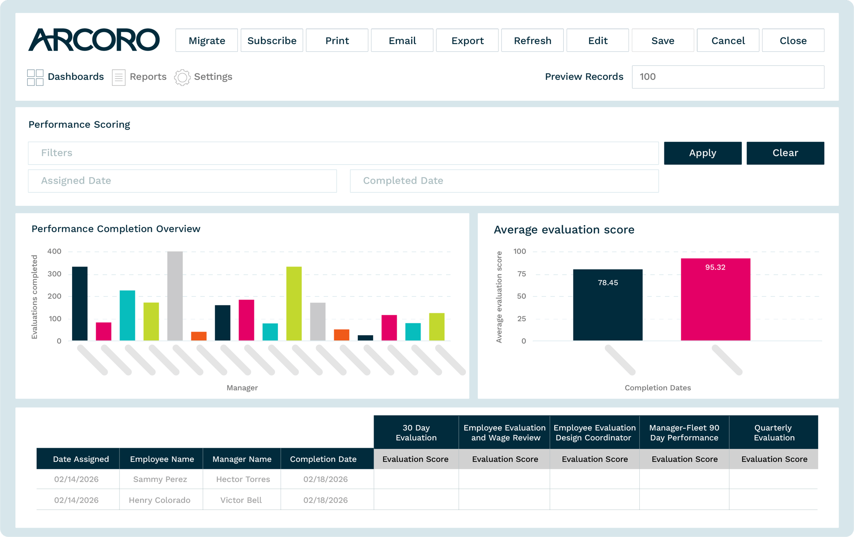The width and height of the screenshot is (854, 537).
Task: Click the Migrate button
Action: pyautogui.click(x=207, y=41)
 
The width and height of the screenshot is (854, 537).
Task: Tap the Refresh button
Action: pyautogui.click(x=532, y=41)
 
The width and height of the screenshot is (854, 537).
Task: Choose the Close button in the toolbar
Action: pyautogui.click(x=793, y=41)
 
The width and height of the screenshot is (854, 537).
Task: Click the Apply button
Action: pyautogui.click(x=703, y=153)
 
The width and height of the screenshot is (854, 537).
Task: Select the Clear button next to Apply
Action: pyautogui.click(x=785, y=153)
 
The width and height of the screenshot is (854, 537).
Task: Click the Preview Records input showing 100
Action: pyautogui.click(x=728, y=77)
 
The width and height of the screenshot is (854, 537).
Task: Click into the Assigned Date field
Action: pyautogui.click(x=182, y=181)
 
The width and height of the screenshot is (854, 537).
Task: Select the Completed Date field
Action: pyautogui.click(x=504, y=181)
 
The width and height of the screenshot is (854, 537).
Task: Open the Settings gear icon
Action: pyautogui.click(x=182, y=77)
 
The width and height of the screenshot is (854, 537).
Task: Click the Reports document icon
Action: pyautogui.click(x=119, y=77)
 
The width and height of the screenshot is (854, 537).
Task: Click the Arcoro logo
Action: pyautogui.click(x=94, y=40)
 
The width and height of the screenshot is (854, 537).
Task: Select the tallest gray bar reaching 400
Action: pyautogui.click(x=175, y=296)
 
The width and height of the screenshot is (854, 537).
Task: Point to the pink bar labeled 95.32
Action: pyautogui.click(x=716, y=299)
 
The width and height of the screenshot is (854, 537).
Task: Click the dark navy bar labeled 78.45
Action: pyautogui.click(x=608, y=305)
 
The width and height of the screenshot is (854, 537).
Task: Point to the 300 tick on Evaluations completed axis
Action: pyautogui.click(x=55, y=274)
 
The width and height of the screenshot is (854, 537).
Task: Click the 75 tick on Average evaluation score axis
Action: pyautogui.click(x=521, y=274)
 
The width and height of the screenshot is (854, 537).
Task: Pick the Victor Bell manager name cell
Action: pyautogui.click(x=242, y=500)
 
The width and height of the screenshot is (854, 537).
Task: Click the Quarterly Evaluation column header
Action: pyautogui.click(x=774, y=432)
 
